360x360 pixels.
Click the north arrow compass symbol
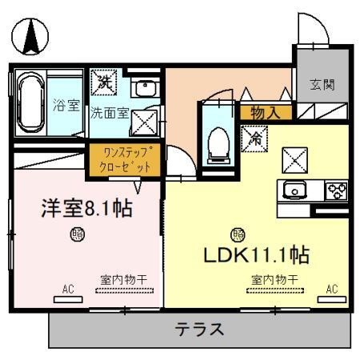30,34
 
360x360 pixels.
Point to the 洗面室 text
109,113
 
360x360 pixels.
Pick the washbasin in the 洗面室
145,89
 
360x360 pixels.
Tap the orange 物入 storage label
265,113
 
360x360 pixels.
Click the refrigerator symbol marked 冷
254,138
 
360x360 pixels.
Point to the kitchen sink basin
294,191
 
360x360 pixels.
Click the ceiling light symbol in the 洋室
78,234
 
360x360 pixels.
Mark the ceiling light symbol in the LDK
238,234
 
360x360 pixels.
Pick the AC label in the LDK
331,288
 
